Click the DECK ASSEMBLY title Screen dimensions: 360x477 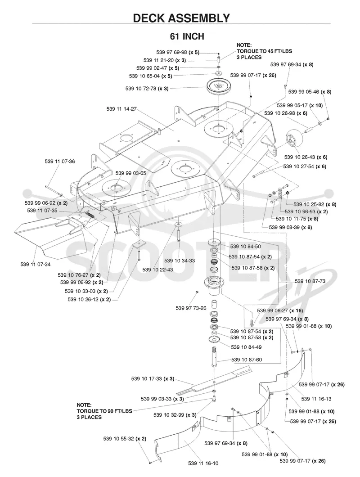[181, 18]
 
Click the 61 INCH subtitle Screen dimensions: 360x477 [187, 36]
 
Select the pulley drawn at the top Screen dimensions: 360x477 [219, 86]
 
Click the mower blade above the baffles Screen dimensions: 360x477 [215, 380]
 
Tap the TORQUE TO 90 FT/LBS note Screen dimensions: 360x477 [104, 411]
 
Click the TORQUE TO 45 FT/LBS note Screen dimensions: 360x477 [264, 51]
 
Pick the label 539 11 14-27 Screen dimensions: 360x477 [121, 109]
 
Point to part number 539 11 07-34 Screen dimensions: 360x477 [35, 264]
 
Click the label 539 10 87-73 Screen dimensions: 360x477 [310, 281]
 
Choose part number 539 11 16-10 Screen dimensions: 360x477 [203, 463]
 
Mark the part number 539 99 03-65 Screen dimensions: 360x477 [130, 173]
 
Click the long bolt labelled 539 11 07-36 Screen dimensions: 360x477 [54, 190]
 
